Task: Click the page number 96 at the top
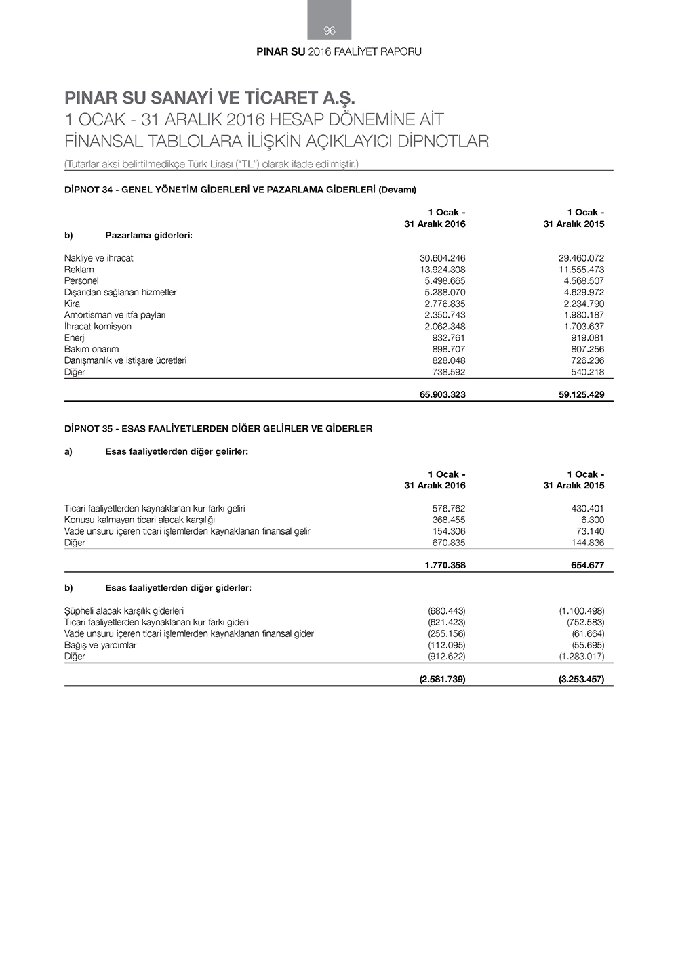tap(330, 30)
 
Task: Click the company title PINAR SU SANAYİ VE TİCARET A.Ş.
tap(210, 98)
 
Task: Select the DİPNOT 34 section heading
tap(240, 190)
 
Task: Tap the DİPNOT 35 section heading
tap(218, 429)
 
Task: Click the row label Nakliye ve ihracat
tap(99, 258)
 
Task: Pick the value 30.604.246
tap(443, 258)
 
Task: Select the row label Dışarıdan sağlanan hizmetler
tap(121, 293)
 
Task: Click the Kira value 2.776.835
tap(445, 304)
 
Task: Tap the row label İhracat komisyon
tap(98, 327)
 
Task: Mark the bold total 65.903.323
tap(443, 394)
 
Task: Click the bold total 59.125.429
tap(581, 394)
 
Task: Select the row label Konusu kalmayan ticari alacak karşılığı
tap(140, 520)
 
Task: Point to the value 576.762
tap(449, 509)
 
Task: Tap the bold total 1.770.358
tap(445, 565)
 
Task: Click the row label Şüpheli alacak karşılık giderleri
tap(124, 611)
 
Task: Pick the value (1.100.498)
tap(582, 611)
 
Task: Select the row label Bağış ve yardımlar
tap(100, 645)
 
